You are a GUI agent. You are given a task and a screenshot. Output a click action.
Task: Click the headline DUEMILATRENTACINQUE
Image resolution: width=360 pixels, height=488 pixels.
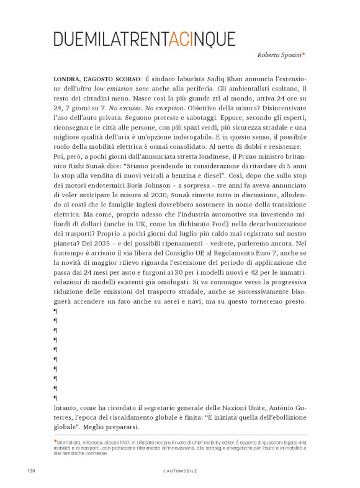[x=145, y=38]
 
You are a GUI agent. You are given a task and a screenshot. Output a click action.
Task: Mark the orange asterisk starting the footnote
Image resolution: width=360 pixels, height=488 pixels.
[x=55, y=441]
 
